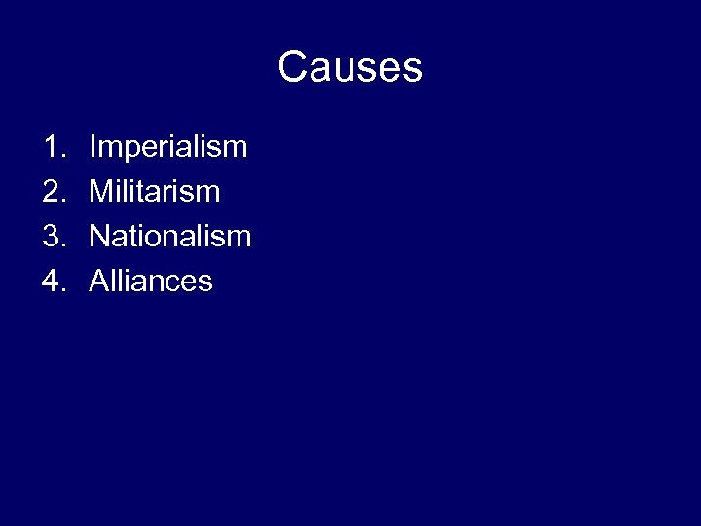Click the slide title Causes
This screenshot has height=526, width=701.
pos(350,68)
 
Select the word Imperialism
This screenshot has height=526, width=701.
pos(168,148)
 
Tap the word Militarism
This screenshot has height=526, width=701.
pos(155,192)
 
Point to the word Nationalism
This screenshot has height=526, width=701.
pos(170,237)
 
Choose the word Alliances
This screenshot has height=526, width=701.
pos(151,282)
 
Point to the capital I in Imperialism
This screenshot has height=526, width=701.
pos(92,148)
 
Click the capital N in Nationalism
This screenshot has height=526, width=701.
pos(99,237)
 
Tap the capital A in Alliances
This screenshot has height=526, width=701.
pos(98,282)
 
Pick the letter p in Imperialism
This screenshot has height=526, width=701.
pos(126,151)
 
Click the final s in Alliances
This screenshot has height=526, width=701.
pos(205,282)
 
